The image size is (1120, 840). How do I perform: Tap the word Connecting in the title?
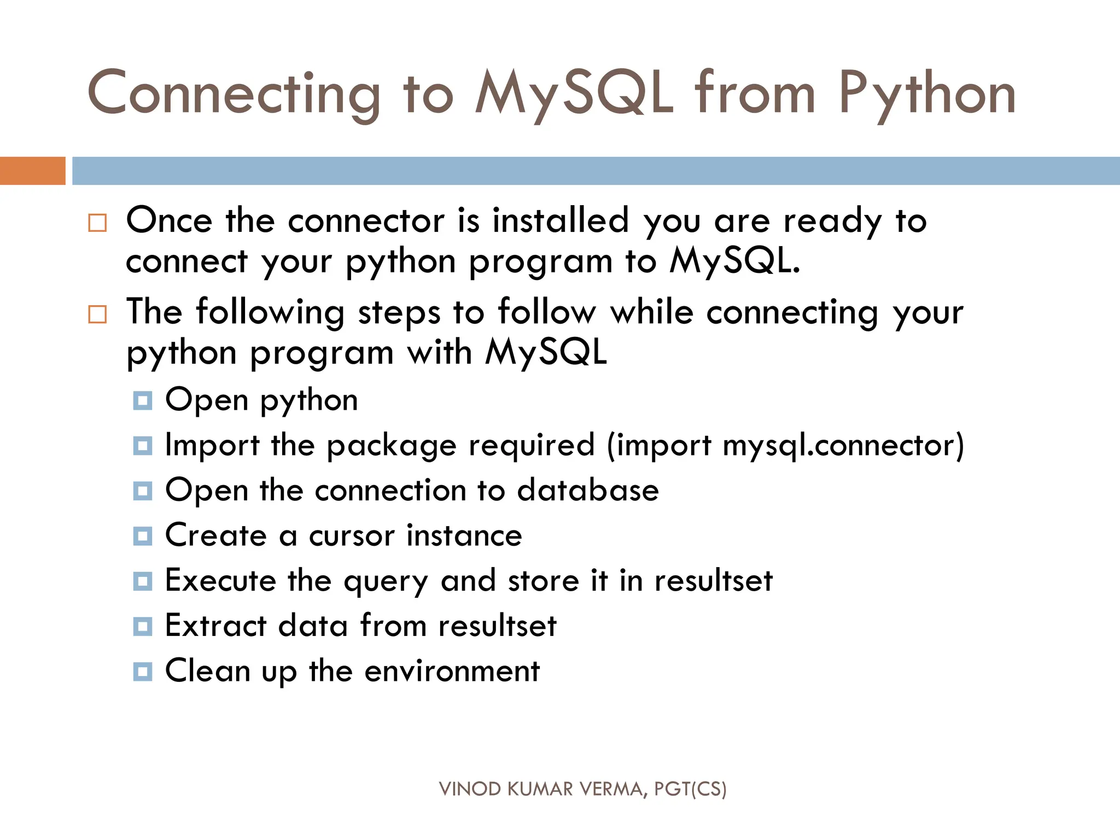tap(234, 94)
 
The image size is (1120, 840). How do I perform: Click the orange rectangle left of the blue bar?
tap(32, 171)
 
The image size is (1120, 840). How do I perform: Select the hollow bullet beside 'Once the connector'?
tap(97, 223)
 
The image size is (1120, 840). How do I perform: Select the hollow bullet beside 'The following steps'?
tap(97, 314)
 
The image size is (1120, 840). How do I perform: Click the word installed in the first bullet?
tap(561, 220)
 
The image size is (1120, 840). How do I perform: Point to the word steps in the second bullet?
tap(399, 313)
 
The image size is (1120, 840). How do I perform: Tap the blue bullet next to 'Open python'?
tap(143, 401)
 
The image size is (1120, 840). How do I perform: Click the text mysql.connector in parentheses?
tap(843, 445)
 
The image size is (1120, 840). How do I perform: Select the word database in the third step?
tap(588, 490)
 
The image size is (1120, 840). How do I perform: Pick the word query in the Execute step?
tap(386, 582)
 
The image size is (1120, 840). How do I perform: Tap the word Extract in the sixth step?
tap(215, 626)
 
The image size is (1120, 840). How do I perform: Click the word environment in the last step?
tap(452, 671)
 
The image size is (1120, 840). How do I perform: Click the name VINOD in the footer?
tap(470, 789)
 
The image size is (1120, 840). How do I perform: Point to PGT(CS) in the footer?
tap(690, 789)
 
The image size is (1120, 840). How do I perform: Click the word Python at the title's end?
tap(927, 94)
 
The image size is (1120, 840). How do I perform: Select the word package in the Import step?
tap(392, 446)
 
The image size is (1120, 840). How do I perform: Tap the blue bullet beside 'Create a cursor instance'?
tap(143, 536)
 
